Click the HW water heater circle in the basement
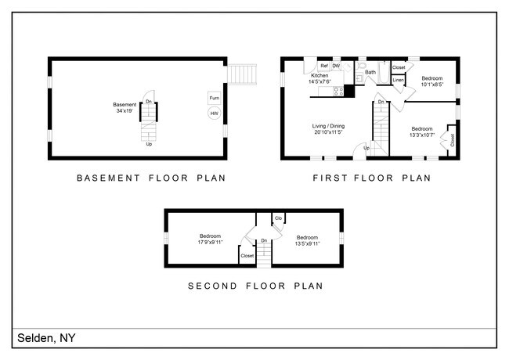coord(213,113)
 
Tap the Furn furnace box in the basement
coord(213,98)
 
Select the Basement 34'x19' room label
coord(125,107)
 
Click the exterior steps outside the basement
coord(245,74)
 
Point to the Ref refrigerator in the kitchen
coord(323,66)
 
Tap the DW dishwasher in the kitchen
coord(336,66)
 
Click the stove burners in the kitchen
coord(338,92)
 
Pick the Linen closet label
coord(398,80)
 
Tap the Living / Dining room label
coord(329,128)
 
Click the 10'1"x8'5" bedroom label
coord(432,81)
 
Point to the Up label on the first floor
coord(366,148)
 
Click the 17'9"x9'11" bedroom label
coord(210,239)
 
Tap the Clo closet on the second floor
coord(278,218)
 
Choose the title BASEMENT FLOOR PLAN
coord(150,178)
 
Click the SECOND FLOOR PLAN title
coord(254,286)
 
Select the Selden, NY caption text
coord(46,338)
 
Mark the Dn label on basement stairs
coord(149,101)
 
